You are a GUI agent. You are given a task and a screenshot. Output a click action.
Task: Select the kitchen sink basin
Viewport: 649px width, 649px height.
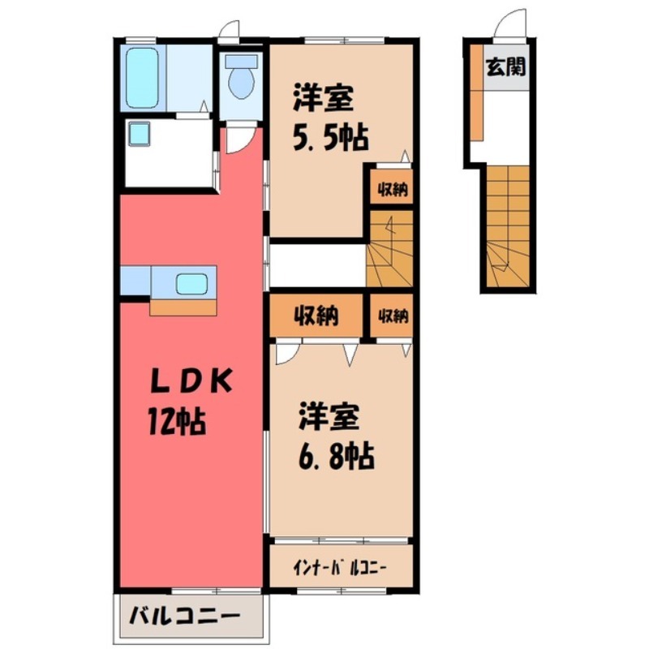pos(192,284)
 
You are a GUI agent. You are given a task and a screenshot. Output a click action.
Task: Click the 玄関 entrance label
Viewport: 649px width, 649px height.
pos(505,67)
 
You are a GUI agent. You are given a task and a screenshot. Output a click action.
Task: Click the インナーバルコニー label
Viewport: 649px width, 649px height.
pos(340,566)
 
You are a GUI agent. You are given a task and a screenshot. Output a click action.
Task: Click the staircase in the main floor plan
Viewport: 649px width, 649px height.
pos(390,247)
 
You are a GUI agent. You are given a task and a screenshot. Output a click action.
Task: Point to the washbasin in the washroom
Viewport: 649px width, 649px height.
pos(138,131)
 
